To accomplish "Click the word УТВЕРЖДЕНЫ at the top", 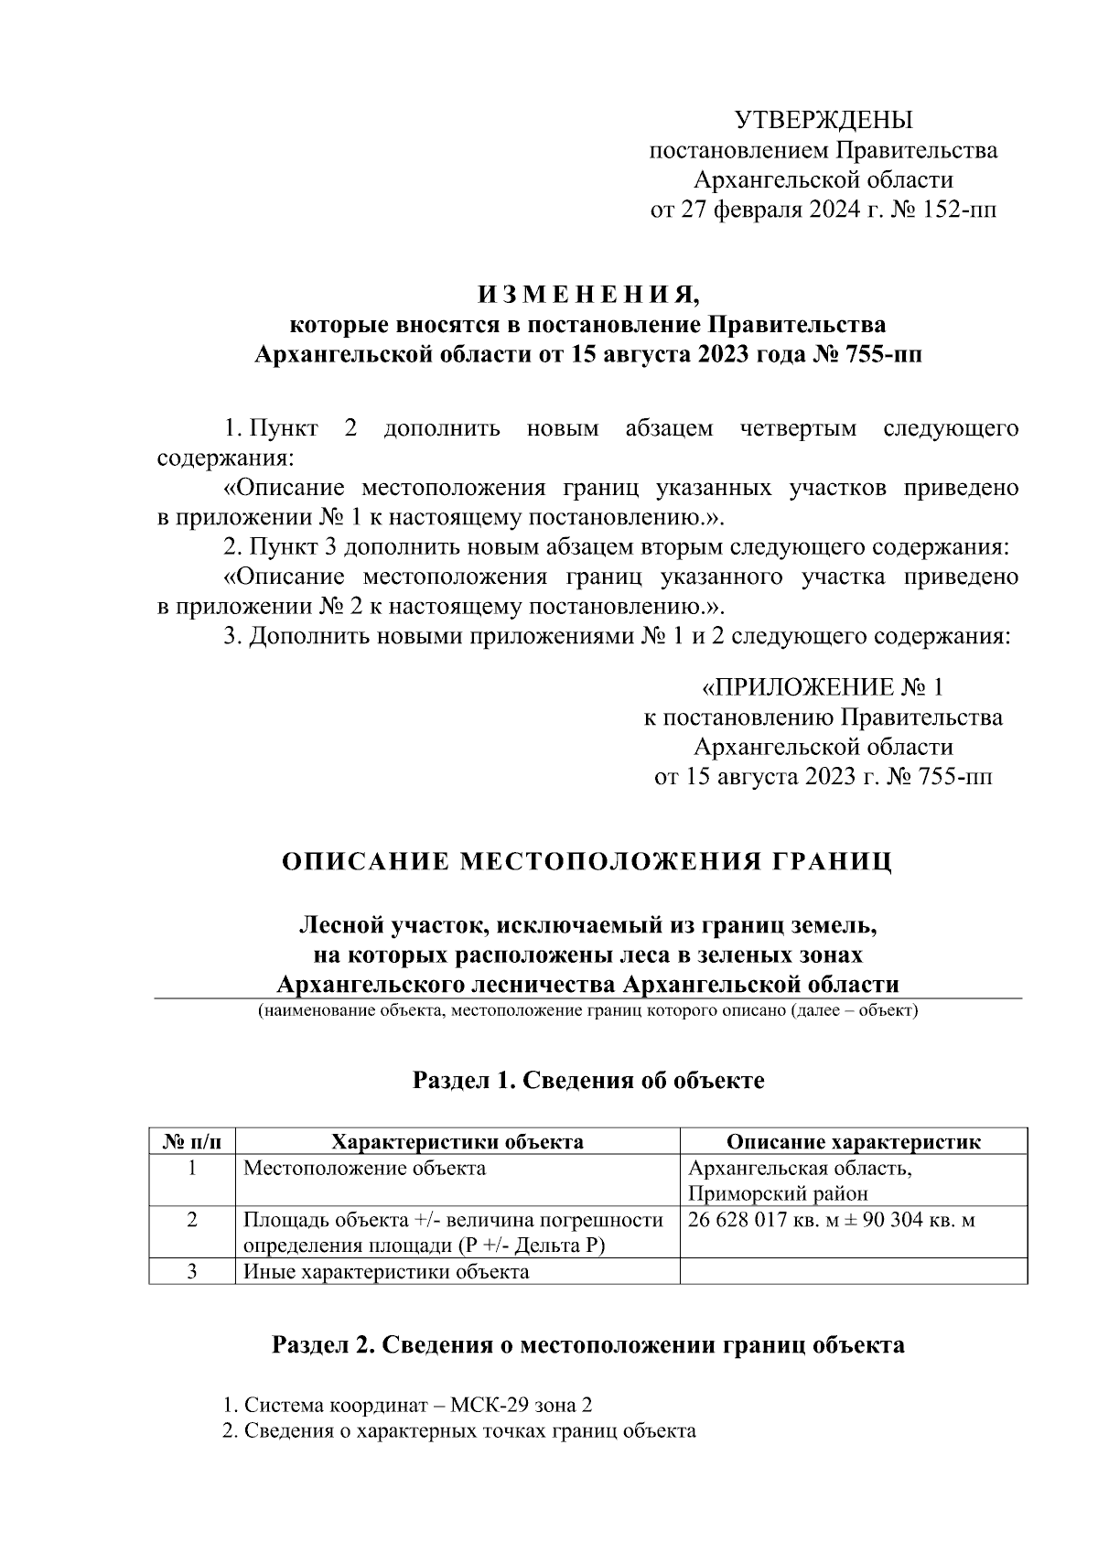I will pos(823,120).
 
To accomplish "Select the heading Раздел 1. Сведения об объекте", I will pos(587,1081).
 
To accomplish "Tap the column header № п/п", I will pos(192,1141).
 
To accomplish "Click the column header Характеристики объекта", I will pos(457,1141).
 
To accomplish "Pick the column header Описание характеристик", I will pos(853,1141).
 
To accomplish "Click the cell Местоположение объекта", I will pos(364,1169).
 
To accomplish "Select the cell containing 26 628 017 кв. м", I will pos(831,1220).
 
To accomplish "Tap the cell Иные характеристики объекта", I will pos(385,1271).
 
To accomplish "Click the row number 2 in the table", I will pos(192,1220).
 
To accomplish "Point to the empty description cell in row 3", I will pos(853,1271).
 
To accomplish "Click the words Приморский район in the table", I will pos(778,1193).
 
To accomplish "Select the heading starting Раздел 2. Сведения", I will pos(587,1345).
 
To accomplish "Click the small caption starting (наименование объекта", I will pos(587,1011).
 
